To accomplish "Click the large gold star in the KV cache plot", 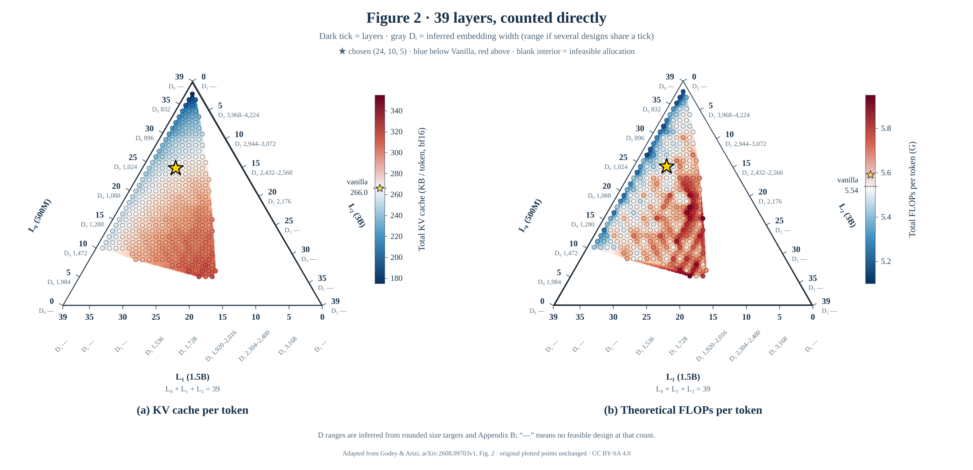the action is tap(176, 167).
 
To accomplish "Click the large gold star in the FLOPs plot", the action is tap(667, 166).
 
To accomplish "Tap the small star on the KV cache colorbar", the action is tap(380, 188).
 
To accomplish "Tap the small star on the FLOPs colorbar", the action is tap(870, 175).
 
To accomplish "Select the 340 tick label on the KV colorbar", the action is tap(396, 111).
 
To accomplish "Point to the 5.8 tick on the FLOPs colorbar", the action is tap(886, 128).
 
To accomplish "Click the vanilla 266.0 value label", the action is tap(359, 192).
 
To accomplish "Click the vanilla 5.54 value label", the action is tap(851, 190).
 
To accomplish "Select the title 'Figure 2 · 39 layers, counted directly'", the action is tap(486, 18).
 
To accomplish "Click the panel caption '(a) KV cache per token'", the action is tap(193, 410).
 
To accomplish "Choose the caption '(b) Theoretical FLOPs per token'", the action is tap(683, 410).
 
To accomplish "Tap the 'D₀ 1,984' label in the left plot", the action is tap(59, 282).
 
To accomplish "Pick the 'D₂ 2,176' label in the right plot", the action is tap(770, 202).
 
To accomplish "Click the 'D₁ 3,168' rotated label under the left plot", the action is tap(287, 346).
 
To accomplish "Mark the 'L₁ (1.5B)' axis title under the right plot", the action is tap(683, 377).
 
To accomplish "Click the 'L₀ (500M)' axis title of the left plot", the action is tap(40, 216).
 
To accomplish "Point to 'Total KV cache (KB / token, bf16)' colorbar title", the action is tap(422, 189).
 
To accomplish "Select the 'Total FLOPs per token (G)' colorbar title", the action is tap(912, 189).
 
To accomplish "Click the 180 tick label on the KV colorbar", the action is tap(396, 278).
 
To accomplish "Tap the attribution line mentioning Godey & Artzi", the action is tap(486, 453).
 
